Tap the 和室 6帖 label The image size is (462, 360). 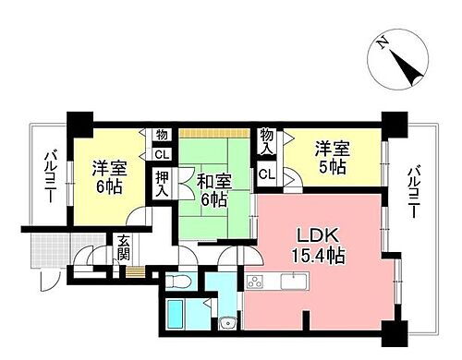click(x=213, y=185)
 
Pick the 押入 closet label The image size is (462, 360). click(x=162, y=184)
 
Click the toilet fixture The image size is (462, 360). click(x=184, y=280)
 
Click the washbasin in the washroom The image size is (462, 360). click(x=225, y=322)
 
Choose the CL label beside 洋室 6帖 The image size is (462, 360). click(x=161, y=154)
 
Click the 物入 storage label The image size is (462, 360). click(x=267, y=142)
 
